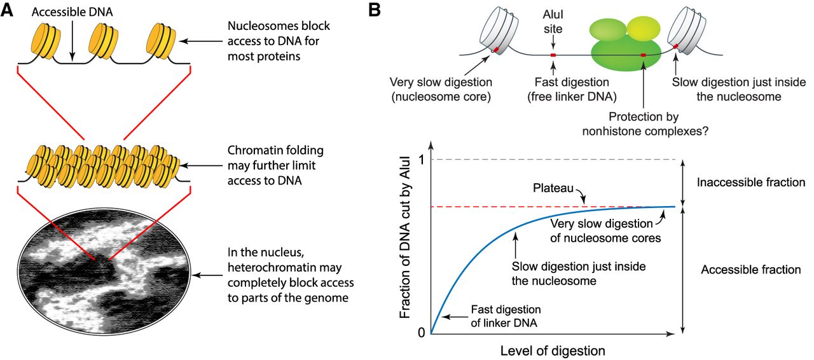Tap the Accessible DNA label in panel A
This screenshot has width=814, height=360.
point(72,12)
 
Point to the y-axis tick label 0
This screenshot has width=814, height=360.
point(420,332)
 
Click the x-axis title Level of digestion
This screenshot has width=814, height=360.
point(552,350)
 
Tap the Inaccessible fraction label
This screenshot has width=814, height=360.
point(751,183)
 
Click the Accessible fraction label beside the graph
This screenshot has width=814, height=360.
point(750,270)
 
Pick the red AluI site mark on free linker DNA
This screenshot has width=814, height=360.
point(553,56)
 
